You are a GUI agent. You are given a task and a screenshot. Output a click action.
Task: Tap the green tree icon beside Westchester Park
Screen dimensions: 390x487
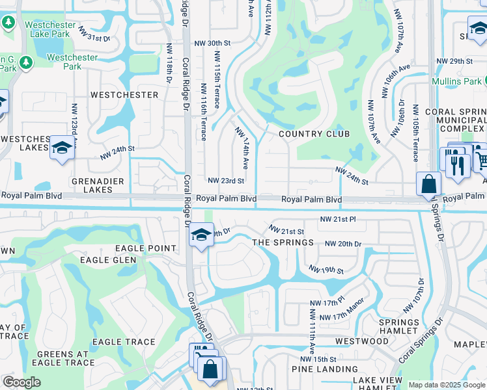[26, 62]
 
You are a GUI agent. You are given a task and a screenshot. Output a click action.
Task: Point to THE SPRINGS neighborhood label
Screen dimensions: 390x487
[283, 242]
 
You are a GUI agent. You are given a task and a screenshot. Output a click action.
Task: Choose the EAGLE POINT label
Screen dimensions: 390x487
[146, 248]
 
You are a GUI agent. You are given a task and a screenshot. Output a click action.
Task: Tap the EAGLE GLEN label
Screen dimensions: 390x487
[108, 260]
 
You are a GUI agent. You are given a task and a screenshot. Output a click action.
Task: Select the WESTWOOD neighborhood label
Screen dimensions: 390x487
[361, 341]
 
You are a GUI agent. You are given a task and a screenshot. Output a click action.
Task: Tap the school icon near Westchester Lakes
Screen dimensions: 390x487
[62, 148]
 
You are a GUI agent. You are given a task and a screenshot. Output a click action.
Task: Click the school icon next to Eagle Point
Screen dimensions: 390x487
[202, 235]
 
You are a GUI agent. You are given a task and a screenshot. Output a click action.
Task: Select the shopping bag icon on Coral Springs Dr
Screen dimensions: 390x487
[429, 185]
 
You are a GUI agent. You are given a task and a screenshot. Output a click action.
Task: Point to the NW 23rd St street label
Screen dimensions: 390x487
[226, 181]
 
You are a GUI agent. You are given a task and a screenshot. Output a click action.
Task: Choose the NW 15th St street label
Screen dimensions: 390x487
[318, 359]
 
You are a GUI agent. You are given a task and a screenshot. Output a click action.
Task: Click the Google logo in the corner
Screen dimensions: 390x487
[21, 382]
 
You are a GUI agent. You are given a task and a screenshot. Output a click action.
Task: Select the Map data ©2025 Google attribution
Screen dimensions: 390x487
[446, 385]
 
